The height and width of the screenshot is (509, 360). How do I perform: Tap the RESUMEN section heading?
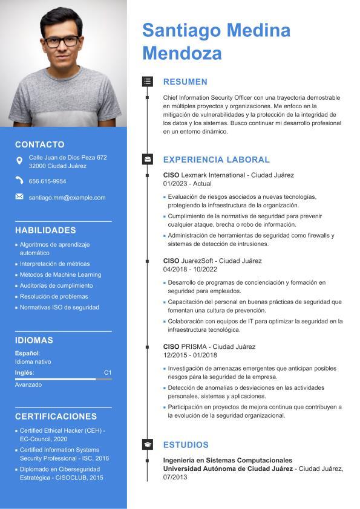click(185, 82)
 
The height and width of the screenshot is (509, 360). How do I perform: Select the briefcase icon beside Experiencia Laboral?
click(147, 160)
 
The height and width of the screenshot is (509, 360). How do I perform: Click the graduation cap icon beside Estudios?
click(147, 444)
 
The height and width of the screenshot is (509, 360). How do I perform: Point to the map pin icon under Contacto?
click(19, 161)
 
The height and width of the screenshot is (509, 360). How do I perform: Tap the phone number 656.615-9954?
click(47, 181)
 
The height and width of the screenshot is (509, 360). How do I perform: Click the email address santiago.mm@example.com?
click(67, 198)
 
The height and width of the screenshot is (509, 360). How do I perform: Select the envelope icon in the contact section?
click(19, 197)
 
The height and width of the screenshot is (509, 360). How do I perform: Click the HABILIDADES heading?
click(45, 230)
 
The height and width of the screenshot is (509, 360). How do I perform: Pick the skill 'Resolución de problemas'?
click(54, 296)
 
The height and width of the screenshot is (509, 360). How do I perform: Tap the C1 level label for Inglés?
click(108, 372)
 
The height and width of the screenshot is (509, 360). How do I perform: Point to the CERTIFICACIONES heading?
click(56, 417)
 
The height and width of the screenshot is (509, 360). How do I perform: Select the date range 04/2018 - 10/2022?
click(190, 269)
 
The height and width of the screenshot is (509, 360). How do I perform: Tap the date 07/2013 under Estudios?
click(175, 477)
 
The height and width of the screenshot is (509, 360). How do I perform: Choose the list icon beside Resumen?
click(147, 81)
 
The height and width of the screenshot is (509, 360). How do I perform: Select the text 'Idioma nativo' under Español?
click(33, 361)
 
